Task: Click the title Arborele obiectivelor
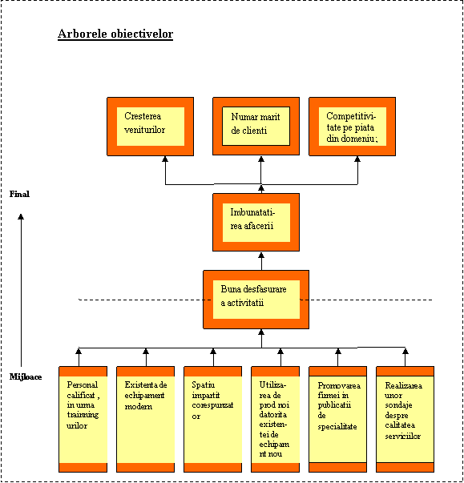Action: [x=115, y=34]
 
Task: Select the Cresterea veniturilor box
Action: [x=151, y=127]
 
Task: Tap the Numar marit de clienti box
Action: [x=256, y=127]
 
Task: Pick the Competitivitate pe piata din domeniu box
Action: [x=352, y=127]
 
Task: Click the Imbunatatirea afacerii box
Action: [x=256, y=223]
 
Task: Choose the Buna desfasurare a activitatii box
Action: [x=256, y=300]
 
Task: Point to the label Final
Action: [x=19, y=194]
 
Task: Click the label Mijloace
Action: [x=26, y=376]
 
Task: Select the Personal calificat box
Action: [x=83, y=419]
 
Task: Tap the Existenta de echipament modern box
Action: [x=145, y=419]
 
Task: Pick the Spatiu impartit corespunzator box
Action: [x=213, y=419]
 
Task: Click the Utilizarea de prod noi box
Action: [x=276, y=419]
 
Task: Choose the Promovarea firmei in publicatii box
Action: [x=338, y=419]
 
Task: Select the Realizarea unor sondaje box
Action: [x=405, y=419]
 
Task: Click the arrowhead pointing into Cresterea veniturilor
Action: [x=165, y=159]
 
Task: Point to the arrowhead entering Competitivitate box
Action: [x=357, y=159]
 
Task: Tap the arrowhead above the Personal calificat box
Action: [x=79, y=351]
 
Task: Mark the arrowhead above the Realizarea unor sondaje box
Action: [x=405, y=351]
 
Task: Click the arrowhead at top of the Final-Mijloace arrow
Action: [x=21, y=216]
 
